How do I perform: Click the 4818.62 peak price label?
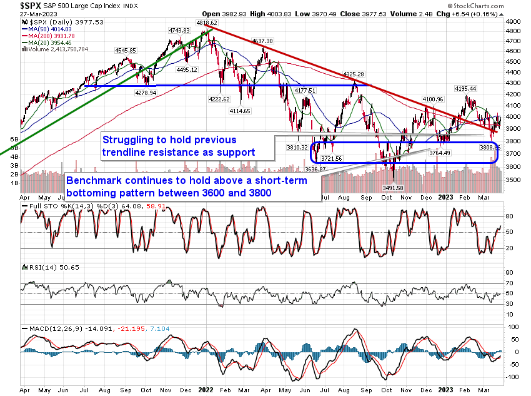[x=207, y=23]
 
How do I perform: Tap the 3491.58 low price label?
[x=392, y=188]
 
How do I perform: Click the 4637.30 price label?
[x=261, y=41]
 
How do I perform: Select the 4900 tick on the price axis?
[x=514, y=22]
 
